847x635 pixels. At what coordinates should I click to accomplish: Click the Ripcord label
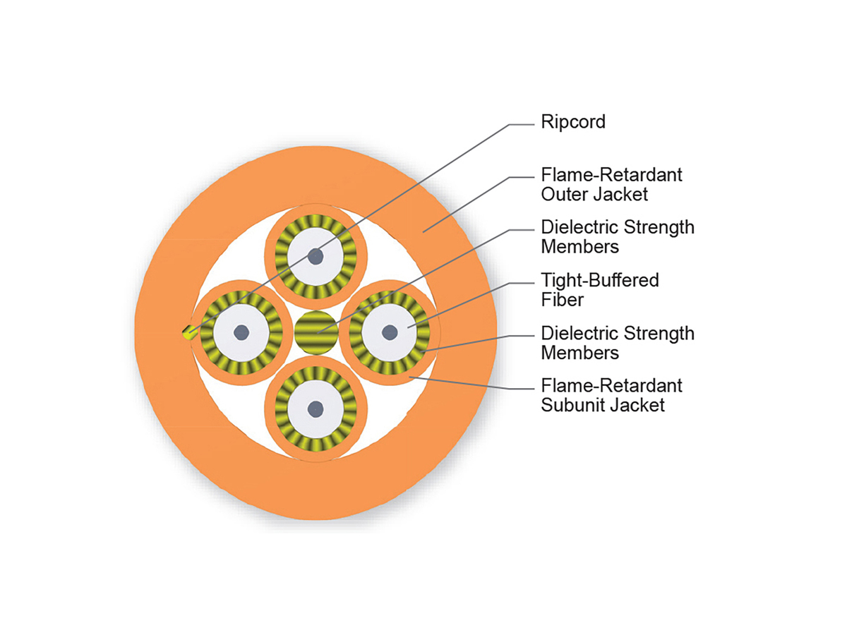[x=572, y=122]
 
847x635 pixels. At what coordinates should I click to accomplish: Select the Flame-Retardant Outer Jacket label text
[x=611, y=183]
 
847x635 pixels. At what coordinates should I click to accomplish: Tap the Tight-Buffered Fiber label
[x=599, y=289]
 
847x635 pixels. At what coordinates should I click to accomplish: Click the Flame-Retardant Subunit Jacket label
[x=611, y=395]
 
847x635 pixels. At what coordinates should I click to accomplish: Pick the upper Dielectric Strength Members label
[x=617, y=237]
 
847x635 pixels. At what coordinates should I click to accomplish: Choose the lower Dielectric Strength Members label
[x=617, y=342]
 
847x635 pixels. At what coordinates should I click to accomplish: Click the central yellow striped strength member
[x=316, y=332]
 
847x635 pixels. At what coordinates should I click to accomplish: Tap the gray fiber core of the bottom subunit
[x=316, y=408]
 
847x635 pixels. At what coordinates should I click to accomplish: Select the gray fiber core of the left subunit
[x=242, y=332]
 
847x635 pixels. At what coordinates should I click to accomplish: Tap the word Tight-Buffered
[x=599, y=280]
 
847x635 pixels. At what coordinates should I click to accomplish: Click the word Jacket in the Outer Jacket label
[x=621, y=193]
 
